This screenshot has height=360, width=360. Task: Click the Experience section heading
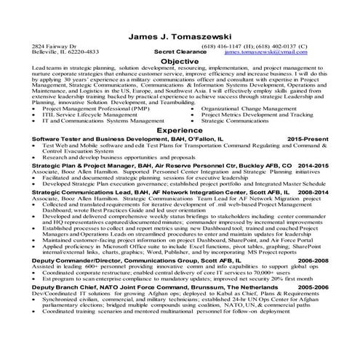point(180,130)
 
